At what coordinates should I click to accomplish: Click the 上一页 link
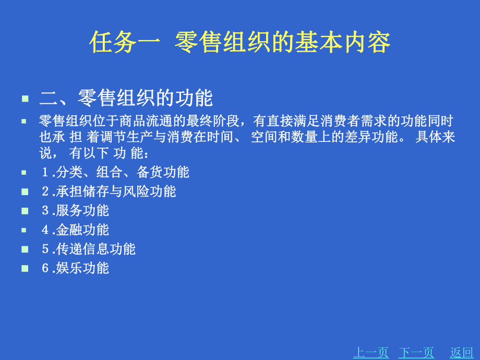[371, 353]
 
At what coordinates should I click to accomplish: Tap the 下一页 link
[416, 353]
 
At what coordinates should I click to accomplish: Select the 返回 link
[461, 353]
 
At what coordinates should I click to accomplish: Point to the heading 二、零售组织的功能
[126, 98]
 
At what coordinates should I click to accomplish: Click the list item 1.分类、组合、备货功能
[115, 172]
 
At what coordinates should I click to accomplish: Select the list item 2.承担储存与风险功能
[109, 191]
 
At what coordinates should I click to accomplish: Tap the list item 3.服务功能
[75, 210]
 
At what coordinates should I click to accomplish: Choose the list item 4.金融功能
[75, 230]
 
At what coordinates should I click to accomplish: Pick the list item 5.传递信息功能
[89, 249]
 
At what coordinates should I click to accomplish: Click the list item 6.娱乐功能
[75, 268]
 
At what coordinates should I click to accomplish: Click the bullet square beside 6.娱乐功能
[25, 269]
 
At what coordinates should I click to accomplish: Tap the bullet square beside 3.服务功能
[25, 211]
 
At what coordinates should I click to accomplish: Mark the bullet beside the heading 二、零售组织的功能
[25, 99]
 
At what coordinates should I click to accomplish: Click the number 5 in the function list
[45, 249]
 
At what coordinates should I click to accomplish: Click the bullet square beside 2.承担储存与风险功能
[25, 191]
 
